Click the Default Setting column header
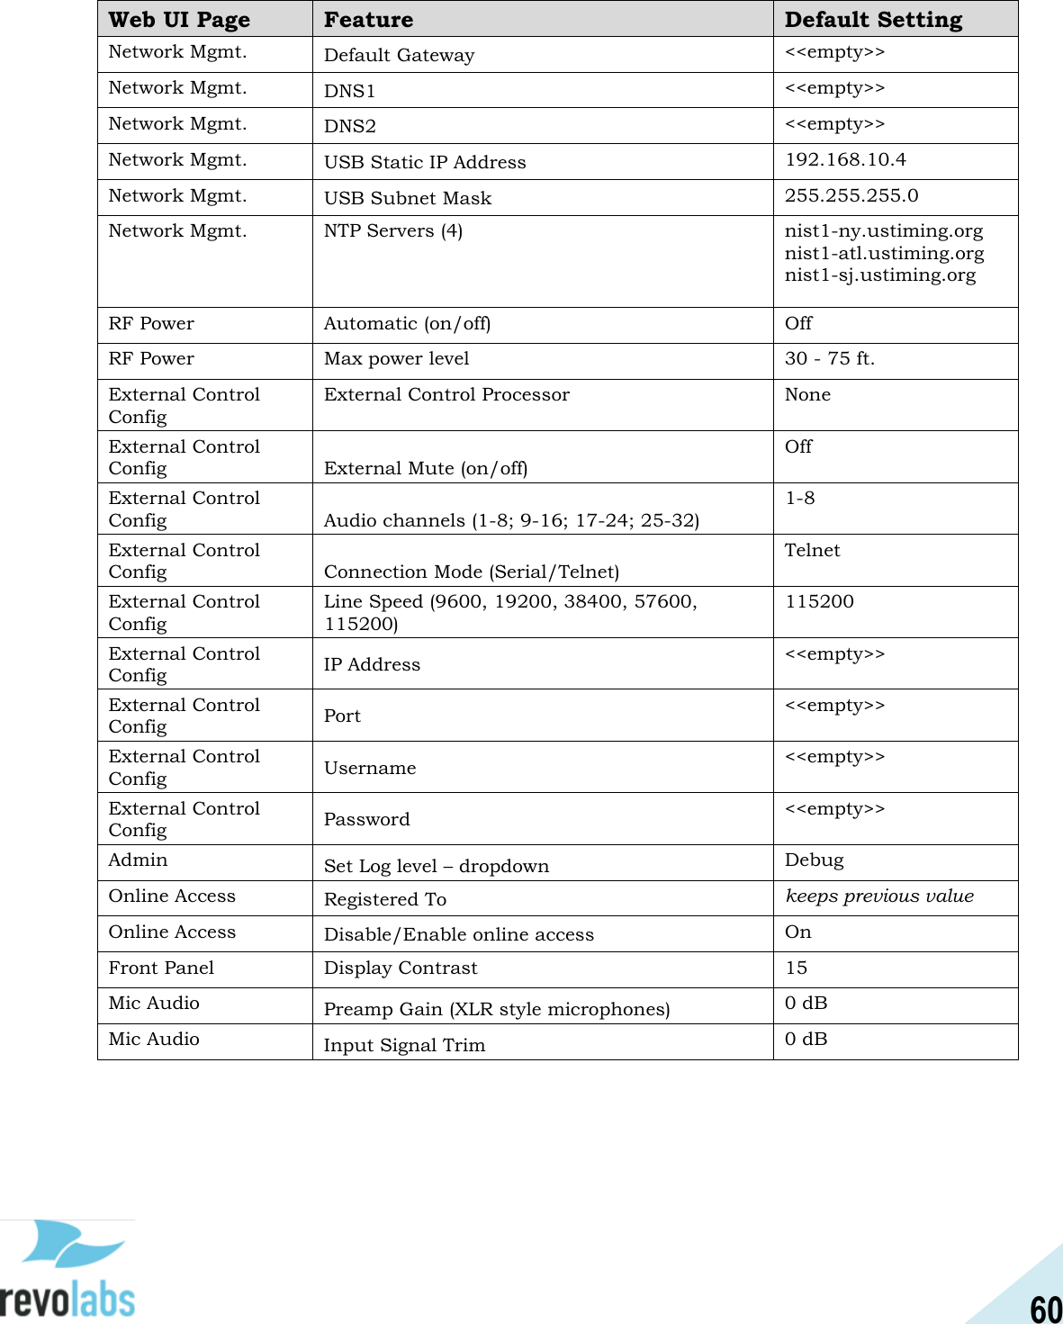coord(873,20)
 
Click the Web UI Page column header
coord(179,20)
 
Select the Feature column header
coord(368,20)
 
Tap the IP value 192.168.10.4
coord(845,160)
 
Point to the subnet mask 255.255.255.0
coord(851,196)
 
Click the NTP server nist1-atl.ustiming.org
coord(884,254)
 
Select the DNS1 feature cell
coord(349,91)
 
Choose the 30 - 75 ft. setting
coord(829,359)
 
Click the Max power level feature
coord(396,359)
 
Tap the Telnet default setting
coord(812,551)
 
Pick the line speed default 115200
coord(819,602)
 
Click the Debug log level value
coord(814,860)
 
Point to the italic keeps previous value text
coord(879,896)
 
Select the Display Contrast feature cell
coord(401,968)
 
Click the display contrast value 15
coord(796,968)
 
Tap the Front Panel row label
coord(161,968)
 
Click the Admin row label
coord(138,860)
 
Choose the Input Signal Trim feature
coord(404,1045)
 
